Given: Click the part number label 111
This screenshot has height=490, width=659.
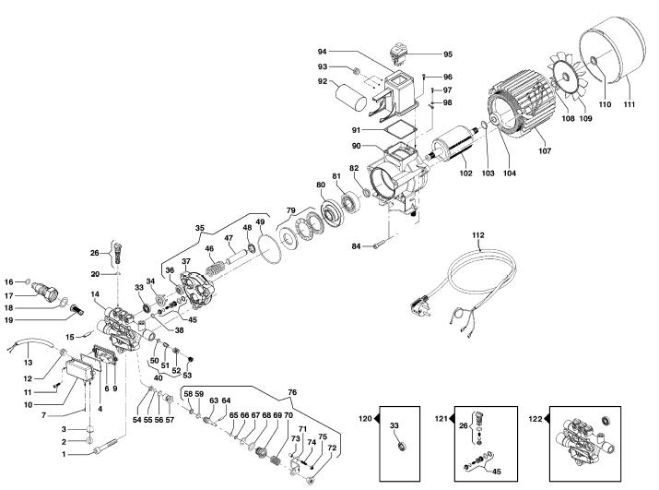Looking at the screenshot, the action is point(630,104).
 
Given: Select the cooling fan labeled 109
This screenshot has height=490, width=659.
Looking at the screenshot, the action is point(566,77).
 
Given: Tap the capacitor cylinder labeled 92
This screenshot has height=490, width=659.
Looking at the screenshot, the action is point(352,97).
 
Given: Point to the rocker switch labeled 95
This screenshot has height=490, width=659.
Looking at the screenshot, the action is point(397,54).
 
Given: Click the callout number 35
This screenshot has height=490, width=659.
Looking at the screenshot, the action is point(200,228).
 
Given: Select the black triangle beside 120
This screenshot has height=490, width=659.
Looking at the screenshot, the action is point(376,418).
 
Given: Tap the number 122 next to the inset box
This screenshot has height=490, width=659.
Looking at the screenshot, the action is point(535,419).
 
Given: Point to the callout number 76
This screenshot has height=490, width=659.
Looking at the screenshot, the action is point(292,392).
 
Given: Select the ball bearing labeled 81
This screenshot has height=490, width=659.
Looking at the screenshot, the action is point(348,202).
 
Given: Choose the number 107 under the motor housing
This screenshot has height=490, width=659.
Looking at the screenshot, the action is point(545,150).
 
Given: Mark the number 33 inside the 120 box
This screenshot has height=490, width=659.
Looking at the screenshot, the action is point(394,425).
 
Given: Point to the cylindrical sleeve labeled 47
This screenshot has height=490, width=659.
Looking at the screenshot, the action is point(238,257).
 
